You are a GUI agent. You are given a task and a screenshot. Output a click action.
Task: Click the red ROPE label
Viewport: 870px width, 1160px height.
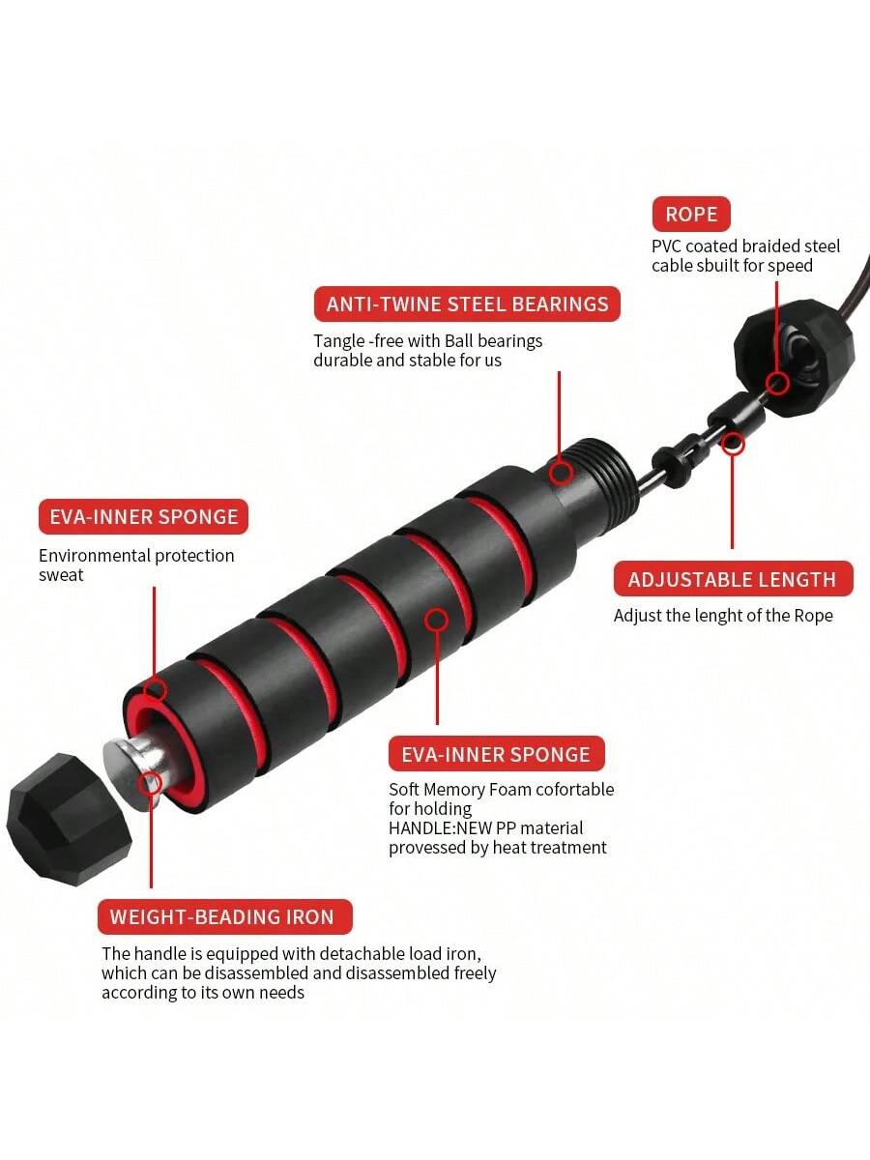click(x=691, y=214)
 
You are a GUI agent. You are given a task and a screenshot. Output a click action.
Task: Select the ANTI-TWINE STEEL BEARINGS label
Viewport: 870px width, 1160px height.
click(x=467, y=304)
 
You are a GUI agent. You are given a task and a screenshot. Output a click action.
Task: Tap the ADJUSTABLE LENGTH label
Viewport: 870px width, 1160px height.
click(x=732, y=579)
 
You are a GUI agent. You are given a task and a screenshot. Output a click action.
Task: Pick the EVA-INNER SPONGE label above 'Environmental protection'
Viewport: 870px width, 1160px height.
click(x=143, y=516)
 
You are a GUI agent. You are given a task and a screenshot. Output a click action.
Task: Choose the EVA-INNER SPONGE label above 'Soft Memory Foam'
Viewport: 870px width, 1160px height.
click(x=495, y=754)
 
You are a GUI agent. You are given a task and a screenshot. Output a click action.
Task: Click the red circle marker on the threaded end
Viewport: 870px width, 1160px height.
click(x=561, y=473)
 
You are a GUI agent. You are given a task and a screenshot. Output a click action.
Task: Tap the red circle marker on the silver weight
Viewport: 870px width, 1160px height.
click(x=150, y=784)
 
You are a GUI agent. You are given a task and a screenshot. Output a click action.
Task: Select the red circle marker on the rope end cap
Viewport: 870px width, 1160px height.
click(x=775, y=384)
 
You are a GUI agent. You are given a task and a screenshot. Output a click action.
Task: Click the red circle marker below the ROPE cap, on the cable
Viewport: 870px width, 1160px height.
click(x=733, y=444)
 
